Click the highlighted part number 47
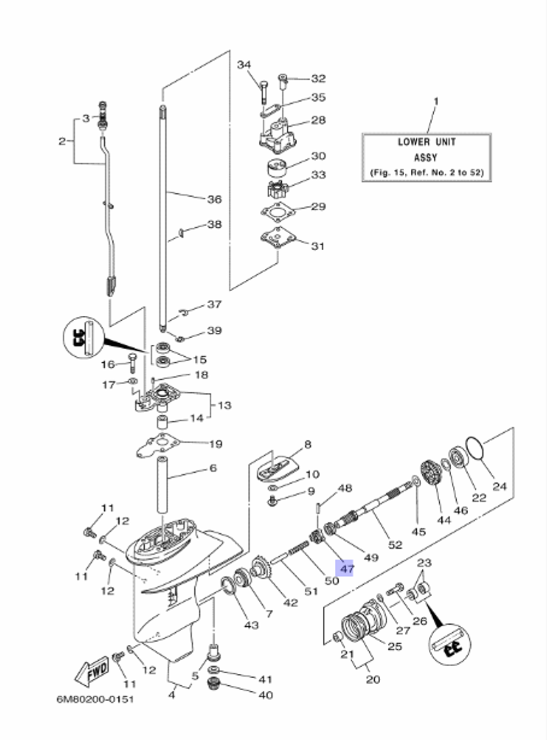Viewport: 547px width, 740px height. [347, 569]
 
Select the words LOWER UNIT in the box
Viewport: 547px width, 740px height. [426, 142]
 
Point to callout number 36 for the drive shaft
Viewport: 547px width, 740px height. [214, 199]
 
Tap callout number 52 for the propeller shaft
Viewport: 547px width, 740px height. [395, 545]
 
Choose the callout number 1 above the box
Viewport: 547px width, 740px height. [436, 101]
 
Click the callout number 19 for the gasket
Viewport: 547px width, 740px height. [216, 443]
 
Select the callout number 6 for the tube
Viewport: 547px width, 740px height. [213, 468]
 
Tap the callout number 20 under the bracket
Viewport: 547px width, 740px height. [373, 679]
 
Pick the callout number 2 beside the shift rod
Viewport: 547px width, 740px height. [62, 141]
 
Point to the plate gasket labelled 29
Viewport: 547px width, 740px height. [278, 211]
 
